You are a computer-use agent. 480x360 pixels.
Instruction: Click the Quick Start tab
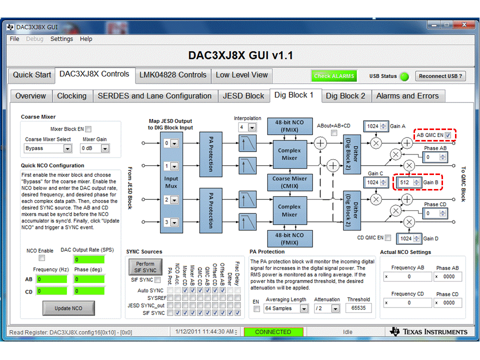click(32, 75)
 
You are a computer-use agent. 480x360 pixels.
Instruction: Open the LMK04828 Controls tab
click(172, 75)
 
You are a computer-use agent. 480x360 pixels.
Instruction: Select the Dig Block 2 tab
click(345, 96)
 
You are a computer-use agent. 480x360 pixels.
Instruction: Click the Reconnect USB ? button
click(440, 76)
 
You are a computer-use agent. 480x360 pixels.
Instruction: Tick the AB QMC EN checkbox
click(448, 135)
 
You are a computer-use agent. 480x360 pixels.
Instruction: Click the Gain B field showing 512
click(405, 182)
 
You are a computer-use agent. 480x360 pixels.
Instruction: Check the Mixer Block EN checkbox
click(88, 129)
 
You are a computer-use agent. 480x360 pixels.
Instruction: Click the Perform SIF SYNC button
click(145, 266)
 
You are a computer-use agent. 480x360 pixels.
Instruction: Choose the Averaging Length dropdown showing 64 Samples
click(286, 308)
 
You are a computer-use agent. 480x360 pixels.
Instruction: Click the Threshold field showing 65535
click(358, 308)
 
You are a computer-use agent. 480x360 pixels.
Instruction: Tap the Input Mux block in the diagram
click(171, 182)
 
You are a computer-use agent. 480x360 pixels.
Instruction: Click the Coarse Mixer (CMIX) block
click(289, 182)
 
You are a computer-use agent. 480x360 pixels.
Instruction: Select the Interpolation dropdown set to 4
click(247, 127)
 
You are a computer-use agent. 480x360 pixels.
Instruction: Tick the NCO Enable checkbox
click(42, 258)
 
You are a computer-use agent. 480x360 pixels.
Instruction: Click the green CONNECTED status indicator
click(273, 332)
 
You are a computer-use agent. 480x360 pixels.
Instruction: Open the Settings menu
click(61, 39)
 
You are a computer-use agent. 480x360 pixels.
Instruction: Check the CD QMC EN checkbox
click(388, 237)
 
